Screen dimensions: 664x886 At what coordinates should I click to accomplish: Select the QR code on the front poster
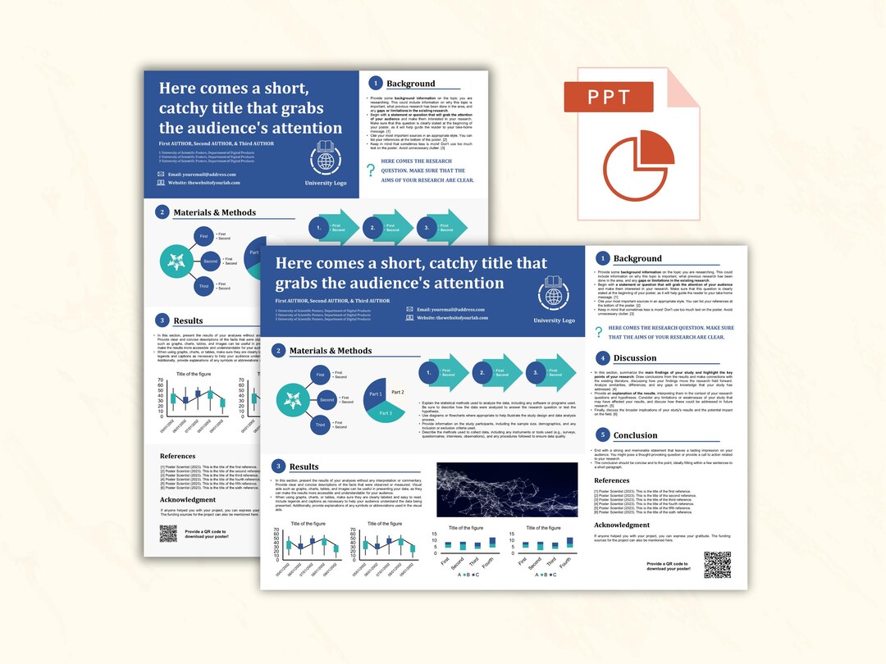716,564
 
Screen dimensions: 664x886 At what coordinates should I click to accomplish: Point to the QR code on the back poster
168,534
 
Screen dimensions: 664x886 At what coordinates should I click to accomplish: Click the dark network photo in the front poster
506,489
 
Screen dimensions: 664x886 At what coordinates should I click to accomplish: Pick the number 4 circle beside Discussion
603,357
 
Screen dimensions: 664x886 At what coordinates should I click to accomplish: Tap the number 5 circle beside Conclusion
603,434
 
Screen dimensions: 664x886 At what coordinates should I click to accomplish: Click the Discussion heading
635,358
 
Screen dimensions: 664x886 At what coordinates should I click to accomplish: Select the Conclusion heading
636,435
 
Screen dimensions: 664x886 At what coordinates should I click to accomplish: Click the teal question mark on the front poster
600,331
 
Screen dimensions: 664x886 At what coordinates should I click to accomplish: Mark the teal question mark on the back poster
371,170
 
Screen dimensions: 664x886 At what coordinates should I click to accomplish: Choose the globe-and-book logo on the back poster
326,157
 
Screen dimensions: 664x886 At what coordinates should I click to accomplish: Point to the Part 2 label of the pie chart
398,392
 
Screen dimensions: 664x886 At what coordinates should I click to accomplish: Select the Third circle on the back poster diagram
203,286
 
